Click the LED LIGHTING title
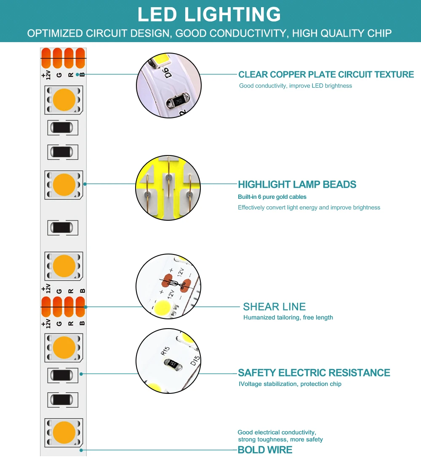point(209,15)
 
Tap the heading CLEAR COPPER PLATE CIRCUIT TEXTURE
point(326,75)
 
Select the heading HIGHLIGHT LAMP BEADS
point(297,185)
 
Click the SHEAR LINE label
point(274,307)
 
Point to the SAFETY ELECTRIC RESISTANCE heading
point(314,373)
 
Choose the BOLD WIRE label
point(265,450)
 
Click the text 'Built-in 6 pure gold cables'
point(272,197)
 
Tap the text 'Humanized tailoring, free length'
point(288,318)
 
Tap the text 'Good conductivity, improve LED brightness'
point(296,86)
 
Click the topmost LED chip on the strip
point(64,100)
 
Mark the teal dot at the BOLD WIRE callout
point(80,450)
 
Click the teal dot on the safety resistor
point(81,374)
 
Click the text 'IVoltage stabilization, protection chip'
point(290,384)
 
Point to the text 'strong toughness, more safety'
point(280,440)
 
